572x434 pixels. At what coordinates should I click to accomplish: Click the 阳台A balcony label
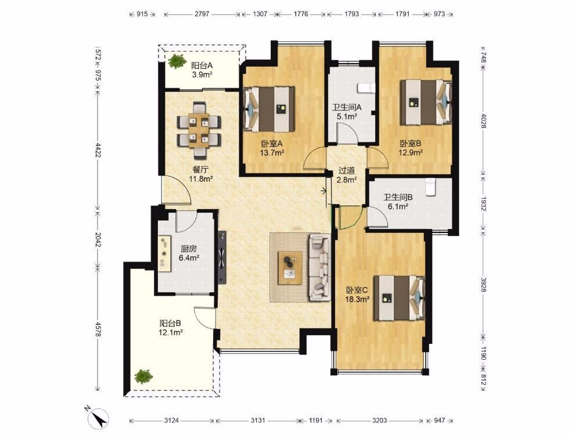point(202,66)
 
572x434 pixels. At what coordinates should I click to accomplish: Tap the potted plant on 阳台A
point(177,62)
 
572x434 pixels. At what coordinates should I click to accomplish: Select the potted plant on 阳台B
point(143,376)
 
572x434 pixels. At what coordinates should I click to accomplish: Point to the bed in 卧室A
point(269,109)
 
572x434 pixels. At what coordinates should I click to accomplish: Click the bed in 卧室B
point(426,103)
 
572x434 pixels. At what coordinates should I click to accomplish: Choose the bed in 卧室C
point(400,298)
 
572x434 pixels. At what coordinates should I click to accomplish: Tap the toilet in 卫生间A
point(366,88)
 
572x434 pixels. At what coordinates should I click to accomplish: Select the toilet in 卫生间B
point(431,186)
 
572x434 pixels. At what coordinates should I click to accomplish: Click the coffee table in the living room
point(290,268)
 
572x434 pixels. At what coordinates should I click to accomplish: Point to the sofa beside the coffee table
point(320,268)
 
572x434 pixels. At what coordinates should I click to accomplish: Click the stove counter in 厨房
point(165,253)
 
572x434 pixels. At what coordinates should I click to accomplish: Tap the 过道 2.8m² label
point(347,175)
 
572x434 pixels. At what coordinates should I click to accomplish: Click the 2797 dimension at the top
point(202,15)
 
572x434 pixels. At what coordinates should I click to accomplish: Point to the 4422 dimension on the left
point(98,150)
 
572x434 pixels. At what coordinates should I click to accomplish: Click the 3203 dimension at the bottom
point(380,421)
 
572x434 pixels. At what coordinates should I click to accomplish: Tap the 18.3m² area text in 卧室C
point(358,299)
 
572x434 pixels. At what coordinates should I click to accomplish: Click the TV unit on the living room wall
point(222,257)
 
